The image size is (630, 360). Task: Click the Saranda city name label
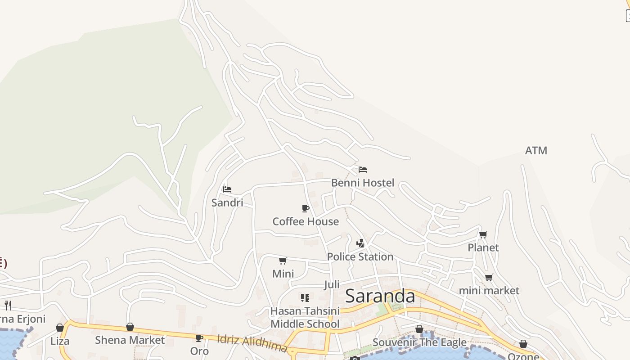380,296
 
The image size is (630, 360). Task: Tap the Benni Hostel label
362,183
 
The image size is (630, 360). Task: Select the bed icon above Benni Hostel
363,170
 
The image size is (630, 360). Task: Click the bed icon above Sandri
227,189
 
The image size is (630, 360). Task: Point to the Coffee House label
306,221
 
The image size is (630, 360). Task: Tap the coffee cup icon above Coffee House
306,208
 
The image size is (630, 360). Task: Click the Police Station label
360,256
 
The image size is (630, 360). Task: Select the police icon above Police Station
360,243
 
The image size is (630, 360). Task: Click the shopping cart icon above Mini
283,261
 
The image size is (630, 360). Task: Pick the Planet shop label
483,247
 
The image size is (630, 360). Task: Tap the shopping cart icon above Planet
483,234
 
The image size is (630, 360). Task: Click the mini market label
489,291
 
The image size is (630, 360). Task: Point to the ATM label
536,150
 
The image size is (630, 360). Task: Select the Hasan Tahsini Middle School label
305,318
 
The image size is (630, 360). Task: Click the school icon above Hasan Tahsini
305,297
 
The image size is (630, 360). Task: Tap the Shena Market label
130,340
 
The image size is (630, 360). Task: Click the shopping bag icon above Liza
60,328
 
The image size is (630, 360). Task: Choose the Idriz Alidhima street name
252,343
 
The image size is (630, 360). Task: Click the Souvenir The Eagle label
419,342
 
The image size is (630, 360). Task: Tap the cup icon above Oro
199,338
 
